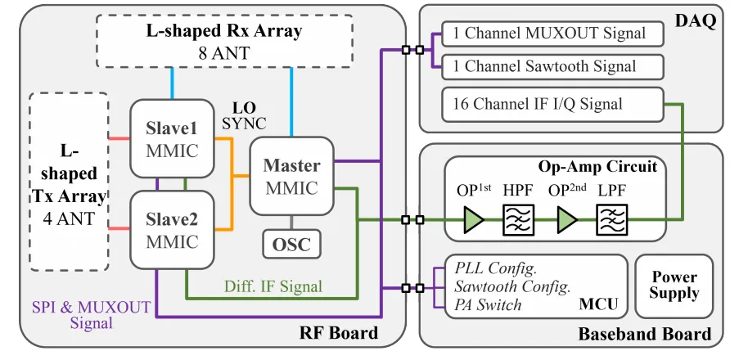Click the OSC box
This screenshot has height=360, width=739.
(x=292, y=243)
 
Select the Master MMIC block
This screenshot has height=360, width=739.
(x=291, y=177)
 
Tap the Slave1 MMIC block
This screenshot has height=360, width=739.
(x=173, y=140)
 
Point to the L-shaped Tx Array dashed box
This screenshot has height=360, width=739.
(x=69, y=182)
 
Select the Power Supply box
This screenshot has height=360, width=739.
(x=675, y=286)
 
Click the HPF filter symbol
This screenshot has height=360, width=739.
(x=518, y=220)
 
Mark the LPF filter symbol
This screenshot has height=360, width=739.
(x=611, y=220)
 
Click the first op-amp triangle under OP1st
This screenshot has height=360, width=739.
(x=474, y=220)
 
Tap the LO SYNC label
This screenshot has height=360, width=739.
(x=244, y=115)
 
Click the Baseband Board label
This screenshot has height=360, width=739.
(x=645, y=334)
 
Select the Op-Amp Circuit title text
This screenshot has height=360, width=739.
(x=597, y=167)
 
